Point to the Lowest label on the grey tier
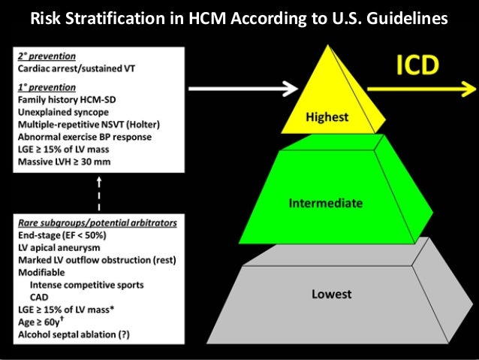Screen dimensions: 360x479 330,294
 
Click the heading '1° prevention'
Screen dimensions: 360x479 43,86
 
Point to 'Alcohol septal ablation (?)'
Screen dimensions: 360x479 76,333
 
